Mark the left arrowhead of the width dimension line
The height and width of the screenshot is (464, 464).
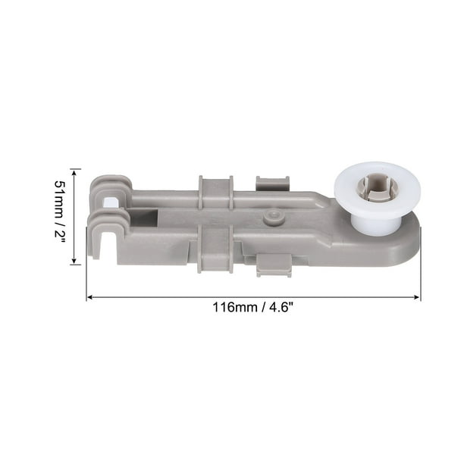pyautogui.click(x=89, y=297)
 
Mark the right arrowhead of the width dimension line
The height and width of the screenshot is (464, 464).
pyautogui.click(x=418, y=297)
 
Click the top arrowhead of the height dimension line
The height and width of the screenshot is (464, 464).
pyautogui.click(x=74, y=171)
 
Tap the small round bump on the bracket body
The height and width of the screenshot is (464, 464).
pyautogui.click(x=269, y=218)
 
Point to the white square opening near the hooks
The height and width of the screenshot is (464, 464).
pyautogui.click(x=112, y=202)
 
